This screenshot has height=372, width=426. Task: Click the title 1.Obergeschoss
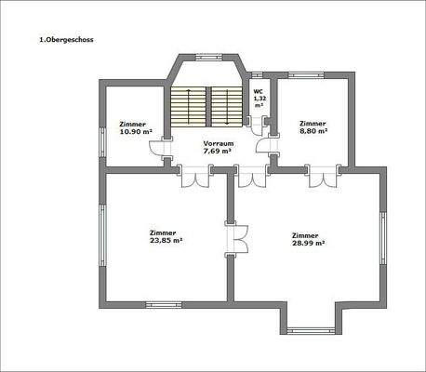(66, 40)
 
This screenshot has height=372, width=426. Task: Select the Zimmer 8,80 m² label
(313, 127)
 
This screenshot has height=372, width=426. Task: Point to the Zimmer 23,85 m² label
(166, 236)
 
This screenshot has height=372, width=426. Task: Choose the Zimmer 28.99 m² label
(307, 239)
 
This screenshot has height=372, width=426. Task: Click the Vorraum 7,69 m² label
(217, 146)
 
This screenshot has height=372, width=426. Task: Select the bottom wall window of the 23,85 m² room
(166, 302)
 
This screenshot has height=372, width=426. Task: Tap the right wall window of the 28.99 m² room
(381, 238)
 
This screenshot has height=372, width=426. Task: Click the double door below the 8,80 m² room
(321, 176)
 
